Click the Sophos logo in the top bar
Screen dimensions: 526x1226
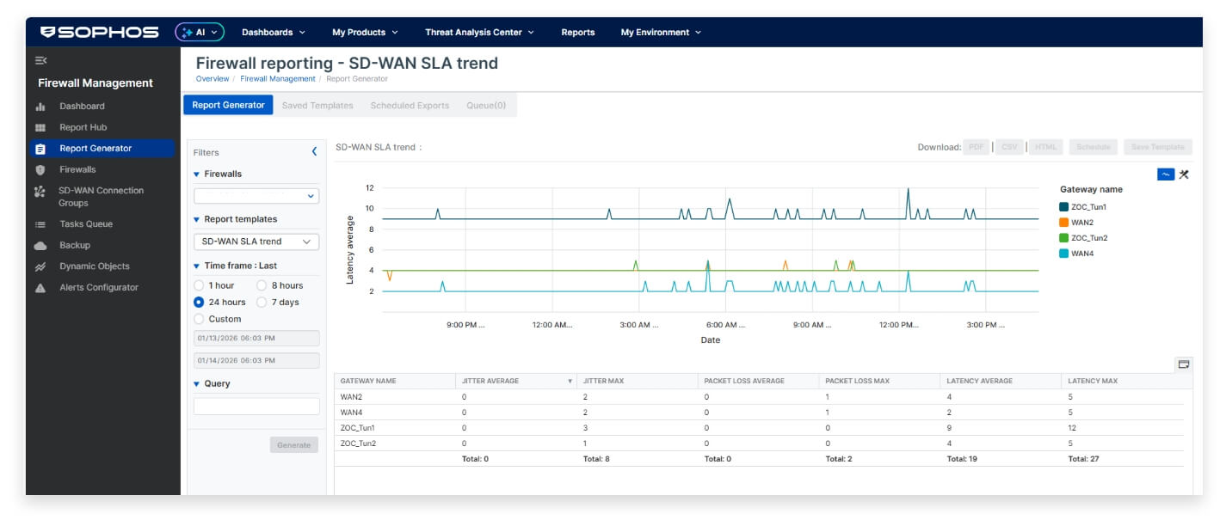(x=100, y=32)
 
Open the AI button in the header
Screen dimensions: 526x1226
(x=200, y=32)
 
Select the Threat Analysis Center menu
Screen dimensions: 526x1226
(x=479, y=32)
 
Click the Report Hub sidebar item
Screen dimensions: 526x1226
(x=83, y=127)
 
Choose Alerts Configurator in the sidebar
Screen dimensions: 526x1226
(x=98, y=287)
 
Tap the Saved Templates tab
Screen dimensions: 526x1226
(x=317, y=105)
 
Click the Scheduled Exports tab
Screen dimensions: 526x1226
(x=410, y=105)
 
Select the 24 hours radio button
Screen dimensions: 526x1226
(x=199, y=302)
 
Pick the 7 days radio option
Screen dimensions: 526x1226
(x=262, y=302)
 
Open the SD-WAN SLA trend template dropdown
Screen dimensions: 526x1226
(x=256, y=242)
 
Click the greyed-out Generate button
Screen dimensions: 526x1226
(x=293, y=444)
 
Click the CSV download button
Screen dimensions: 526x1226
(x=1009, y=147)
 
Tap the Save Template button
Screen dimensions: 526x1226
(x=1157, y=147)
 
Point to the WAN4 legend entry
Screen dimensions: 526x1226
(x=1082, y=254)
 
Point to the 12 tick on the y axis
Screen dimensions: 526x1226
(x=369, y=187)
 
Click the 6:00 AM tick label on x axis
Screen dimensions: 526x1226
(x=725, y=325)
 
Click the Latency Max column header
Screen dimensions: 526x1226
(x=1092, y=381)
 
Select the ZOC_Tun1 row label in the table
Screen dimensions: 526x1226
(x=357, y=427)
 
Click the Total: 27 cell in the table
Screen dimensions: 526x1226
(x=1083, y=459)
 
